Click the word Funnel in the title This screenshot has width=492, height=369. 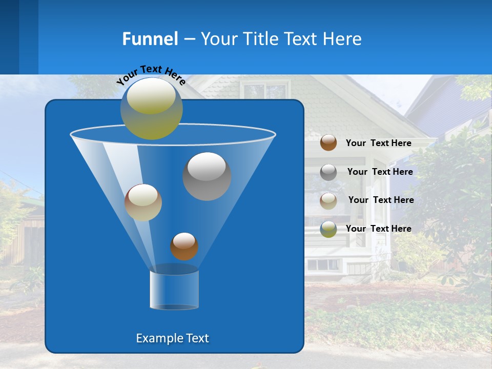pyautogui.click(x=150, y=39)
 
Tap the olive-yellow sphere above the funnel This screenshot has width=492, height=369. pyautogui.click(x=152, y=108)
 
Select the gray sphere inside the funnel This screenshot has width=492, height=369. pyautogui.click(x=207, y=176)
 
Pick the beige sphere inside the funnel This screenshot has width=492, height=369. pyautogui.click(x=143, y=202)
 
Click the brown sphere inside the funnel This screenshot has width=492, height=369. pyautogui.click(x=184, y=246)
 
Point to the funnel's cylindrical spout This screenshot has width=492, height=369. pyautogui.click(x=174, y=290)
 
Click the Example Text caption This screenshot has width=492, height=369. pyautogui.click(x=172, y=338)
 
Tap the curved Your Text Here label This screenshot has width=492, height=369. pyautogui.click(x=151, y=75)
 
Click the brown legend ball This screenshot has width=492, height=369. pyautogui.click(x=329, y=142)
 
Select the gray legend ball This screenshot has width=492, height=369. pyautogui.click(x=329, y=172)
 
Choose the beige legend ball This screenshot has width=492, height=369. pyautogui.click(x=329, y=200)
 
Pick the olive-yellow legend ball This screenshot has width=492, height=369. pyautogui.click(x=329, y=229)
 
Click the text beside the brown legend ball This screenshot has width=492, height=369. pyautogui.click(x=378, y=143)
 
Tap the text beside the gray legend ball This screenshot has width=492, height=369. pyautogui.click(x=380, y=172)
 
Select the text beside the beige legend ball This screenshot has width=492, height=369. pyautogui.click(x=381, y=200)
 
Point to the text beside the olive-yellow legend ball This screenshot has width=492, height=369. pyautogui.click(x=378, y=229)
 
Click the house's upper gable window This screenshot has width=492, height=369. pyautogui.click(x=264, y=91)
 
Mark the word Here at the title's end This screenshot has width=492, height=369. pyautogui.click(x=342, y=39)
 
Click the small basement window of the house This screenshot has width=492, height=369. pyautogui.click(x=323, y=264)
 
